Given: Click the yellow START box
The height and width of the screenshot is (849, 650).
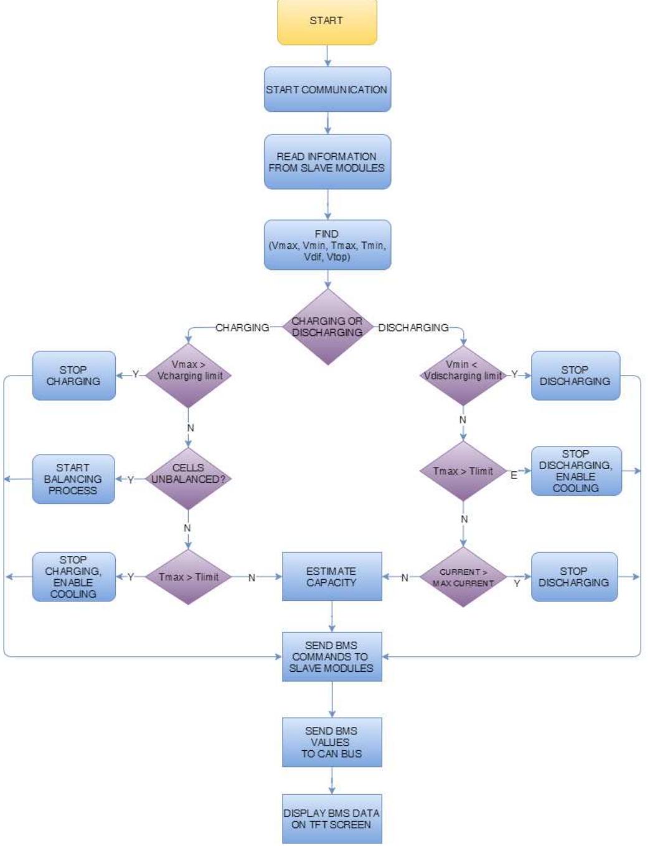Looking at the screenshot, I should pyautogui.click(x=327, y=22).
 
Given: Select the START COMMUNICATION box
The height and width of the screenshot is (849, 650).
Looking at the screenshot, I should pyautogui.click(x=327, y=90).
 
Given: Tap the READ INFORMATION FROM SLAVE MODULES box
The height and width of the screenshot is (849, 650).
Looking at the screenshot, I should pyautogui.click(x=327, y=162).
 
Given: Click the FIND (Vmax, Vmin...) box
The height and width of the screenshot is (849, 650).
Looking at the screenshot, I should pyautogui.click(x=327, y=245).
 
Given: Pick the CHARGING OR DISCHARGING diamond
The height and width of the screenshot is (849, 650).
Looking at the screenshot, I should pyautogui.click(x=327, y=327).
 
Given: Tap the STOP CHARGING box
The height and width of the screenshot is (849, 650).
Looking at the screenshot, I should pyautogui.click(x=73, y=376).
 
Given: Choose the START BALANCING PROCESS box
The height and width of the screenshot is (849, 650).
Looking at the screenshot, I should pyautogui.click(x=73, y=479).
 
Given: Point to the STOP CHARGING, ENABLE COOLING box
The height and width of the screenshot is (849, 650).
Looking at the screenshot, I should pyautogui.click(x=73, y=577).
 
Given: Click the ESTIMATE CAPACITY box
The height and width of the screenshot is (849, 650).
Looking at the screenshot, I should pyautogui.click(x=331, y=577).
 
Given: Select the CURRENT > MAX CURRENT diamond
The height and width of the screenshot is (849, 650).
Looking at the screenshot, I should pyautogui.click(x=463, y=577).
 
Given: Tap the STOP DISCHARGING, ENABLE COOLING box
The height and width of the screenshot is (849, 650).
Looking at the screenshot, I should pyautogui.click(x=576, y=471).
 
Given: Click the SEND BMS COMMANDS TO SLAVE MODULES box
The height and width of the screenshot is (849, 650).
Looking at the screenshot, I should pyautogui.click(x=331, y=657).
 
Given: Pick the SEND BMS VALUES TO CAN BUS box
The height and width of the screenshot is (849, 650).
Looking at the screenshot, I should pyautogui.click(x=331, y=742).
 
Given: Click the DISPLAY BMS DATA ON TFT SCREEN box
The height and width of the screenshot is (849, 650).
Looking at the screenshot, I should pyautogui.click(x=331, y=819).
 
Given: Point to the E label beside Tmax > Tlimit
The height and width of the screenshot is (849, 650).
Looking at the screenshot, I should pyautogui.click(x=514, y=475).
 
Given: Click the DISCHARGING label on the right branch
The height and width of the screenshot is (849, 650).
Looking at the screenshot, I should pyautogui.click(x=413, y=327).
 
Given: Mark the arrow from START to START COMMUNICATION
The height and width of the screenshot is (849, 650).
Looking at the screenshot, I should pyautogui.click(x=327, y=56).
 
